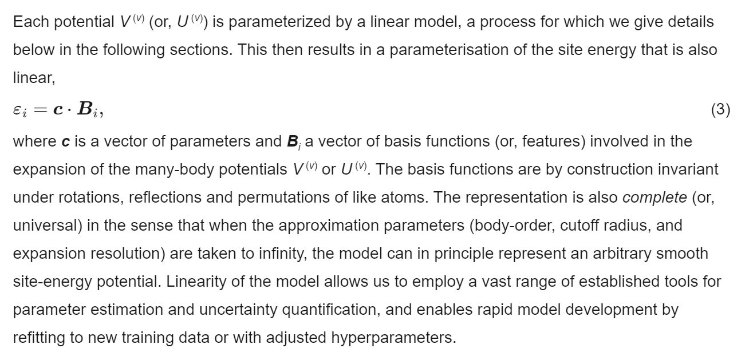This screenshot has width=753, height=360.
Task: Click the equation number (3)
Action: (x=720, y=110)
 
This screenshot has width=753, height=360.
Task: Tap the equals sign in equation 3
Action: (x=38, y=110)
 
